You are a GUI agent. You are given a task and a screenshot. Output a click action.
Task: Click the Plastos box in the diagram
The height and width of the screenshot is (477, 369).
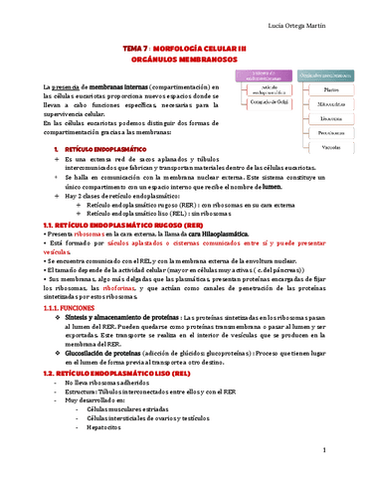pyautogui.click(x=330, y=90)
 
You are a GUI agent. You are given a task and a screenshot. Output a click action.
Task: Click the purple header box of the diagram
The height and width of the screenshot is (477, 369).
pyautogui.click(x=261, y=75)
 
